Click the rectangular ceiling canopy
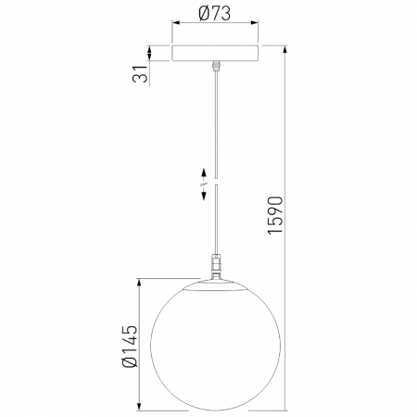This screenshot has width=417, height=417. point(215,53)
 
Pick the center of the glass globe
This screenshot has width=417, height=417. point(215,345)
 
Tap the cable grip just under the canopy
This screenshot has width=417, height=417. point(215,66)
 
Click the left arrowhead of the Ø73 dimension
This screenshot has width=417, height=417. point(173,30)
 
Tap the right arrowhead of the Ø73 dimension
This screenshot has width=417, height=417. point(257,30)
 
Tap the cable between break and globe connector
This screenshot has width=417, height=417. point(215,222)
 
